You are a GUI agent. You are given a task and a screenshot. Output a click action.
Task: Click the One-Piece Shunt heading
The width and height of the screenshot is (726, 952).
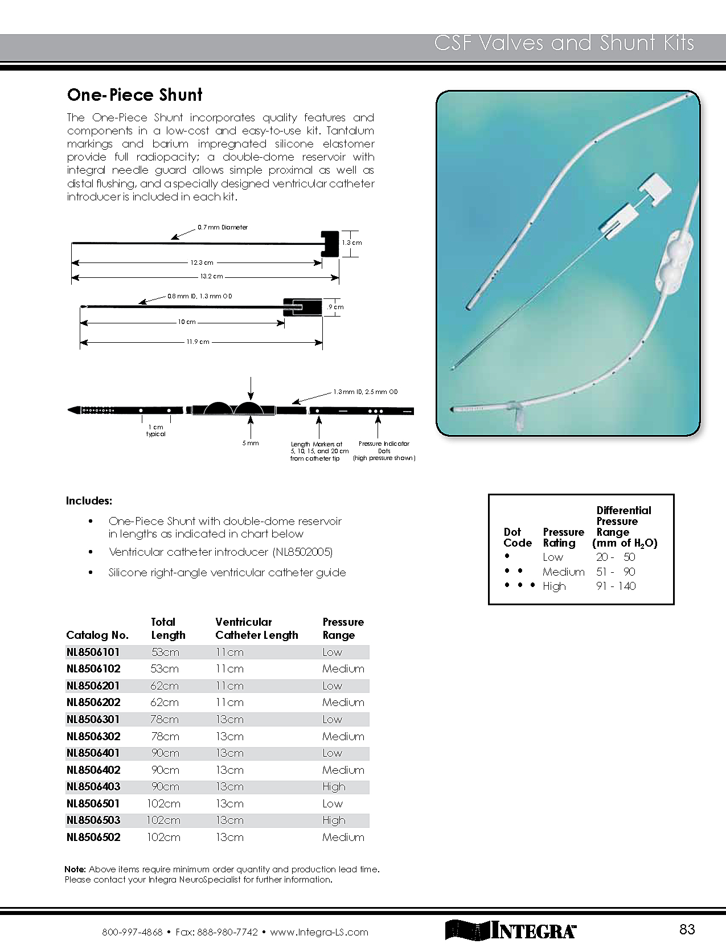click(134, 95)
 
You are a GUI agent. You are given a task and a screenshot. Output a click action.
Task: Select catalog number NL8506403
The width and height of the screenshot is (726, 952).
click(93, 786)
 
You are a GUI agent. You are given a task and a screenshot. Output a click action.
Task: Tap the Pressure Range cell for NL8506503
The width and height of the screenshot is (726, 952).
click(334, 820)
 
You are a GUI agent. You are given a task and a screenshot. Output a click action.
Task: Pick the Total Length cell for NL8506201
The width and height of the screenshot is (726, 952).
click(165, 686)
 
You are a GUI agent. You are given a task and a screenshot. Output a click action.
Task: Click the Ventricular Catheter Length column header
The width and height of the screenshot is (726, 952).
click(256, 629)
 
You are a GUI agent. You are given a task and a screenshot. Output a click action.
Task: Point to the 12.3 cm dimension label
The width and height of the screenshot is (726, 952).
click(202, 262)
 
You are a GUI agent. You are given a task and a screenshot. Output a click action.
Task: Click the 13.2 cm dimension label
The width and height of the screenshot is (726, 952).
click(211, 276)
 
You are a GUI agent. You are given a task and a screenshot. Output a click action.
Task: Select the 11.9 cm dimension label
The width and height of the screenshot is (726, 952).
click(198, 342)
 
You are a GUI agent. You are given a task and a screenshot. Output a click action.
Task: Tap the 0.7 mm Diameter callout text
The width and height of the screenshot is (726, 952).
click(223, 227)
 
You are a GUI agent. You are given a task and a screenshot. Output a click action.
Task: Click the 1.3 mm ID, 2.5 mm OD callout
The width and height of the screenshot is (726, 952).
click(365, 392)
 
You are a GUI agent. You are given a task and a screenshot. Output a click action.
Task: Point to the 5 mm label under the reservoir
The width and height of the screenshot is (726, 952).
click(251, 443)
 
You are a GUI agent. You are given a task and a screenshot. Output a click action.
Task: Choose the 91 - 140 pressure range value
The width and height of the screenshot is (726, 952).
click(616, 586)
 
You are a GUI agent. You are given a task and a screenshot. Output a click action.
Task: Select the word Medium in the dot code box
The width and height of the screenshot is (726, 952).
click(563, 572)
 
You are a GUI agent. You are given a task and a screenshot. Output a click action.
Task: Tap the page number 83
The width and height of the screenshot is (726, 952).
click(687, 929)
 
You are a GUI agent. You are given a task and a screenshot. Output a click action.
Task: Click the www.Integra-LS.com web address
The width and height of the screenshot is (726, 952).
click(319, 932)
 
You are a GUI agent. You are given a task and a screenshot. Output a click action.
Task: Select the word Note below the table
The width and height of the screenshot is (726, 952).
click(75, 869)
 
